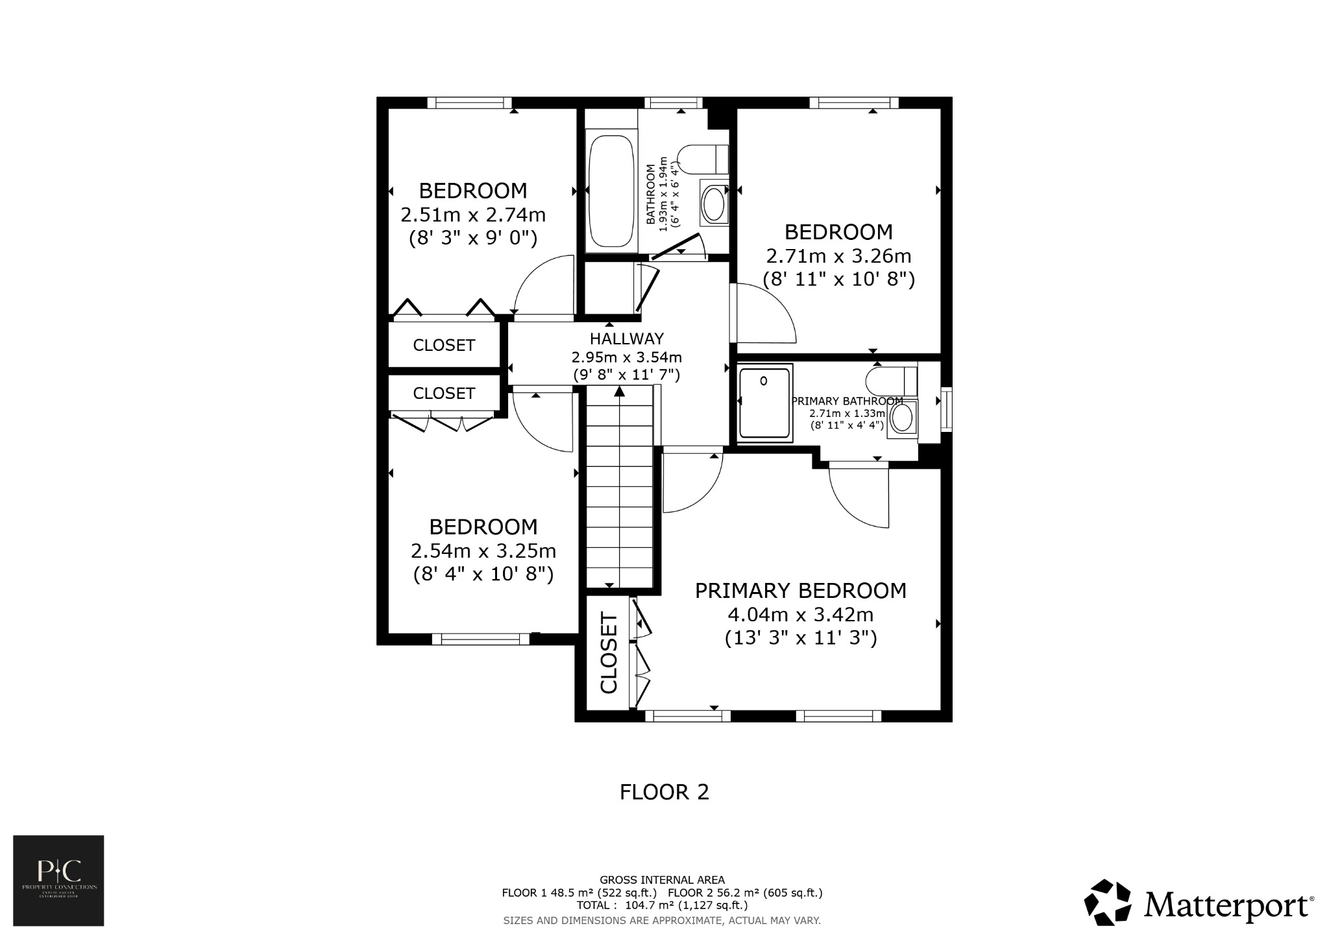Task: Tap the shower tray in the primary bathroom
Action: click(765, 403)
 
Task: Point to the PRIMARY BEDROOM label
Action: click(800, 591)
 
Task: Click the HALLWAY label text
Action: click(626, 339)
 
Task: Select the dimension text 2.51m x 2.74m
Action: click(472, 215)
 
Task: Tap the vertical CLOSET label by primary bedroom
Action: click(609, 652)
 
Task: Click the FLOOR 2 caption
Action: click(664, 792)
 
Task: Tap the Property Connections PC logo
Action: click(58, 880)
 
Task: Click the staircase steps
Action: click(620, 493)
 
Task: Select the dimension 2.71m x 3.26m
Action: click(838, 256)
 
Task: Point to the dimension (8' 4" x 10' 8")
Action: click(483, 575)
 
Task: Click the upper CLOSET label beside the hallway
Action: click(444, 345)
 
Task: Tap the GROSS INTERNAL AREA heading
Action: click(662, 880)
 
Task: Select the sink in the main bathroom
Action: click(714, 204)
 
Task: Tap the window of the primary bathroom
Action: click(947, 409)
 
